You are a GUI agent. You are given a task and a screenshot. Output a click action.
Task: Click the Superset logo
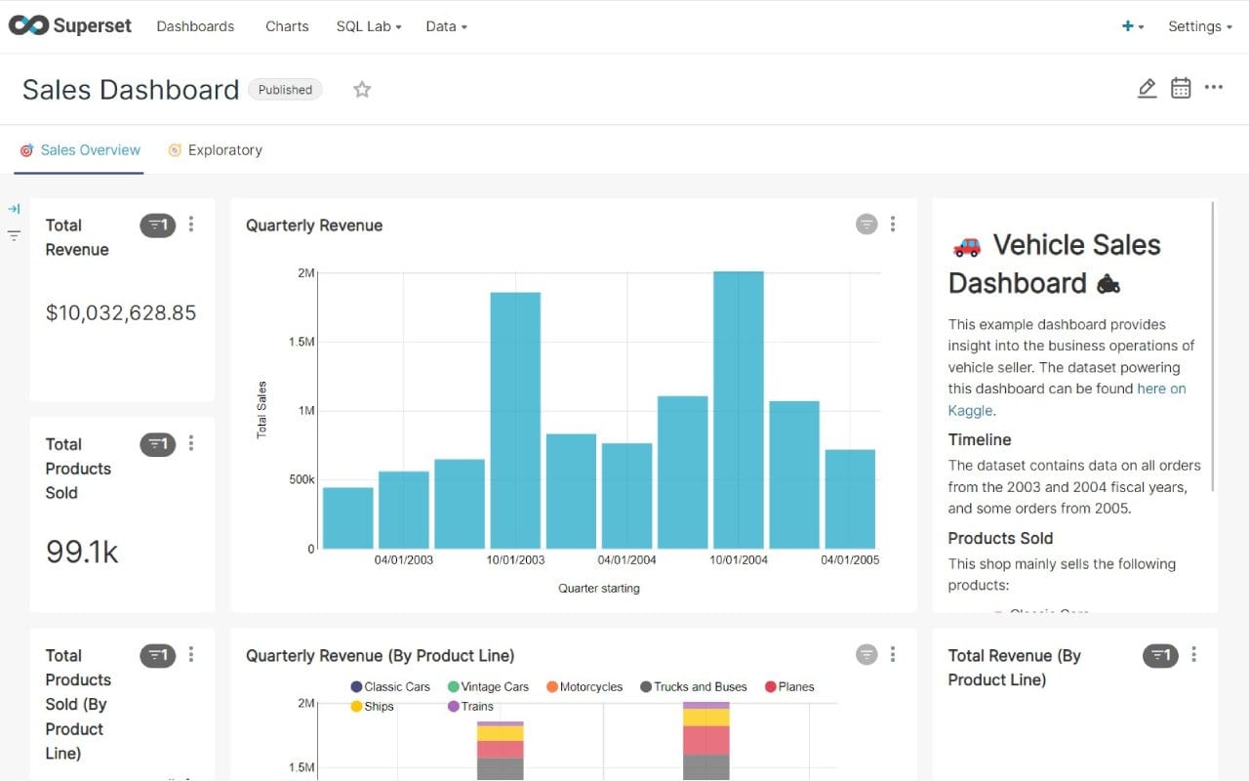[69, 26]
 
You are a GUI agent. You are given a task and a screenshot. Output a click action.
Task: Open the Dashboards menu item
[195, 26]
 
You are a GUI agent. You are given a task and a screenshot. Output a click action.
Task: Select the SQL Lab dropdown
[369, 26]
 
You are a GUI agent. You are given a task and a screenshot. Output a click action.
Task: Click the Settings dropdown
[1199, 26]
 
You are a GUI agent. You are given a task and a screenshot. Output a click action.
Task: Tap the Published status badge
[285, 90]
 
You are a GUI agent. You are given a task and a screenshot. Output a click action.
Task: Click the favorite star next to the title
[362, 90]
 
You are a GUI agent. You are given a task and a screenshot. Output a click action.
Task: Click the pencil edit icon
[1147, 89]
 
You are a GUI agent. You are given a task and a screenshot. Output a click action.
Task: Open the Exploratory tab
[224, 150]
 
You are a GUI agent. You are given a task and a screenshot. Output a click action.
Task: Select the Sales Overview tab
[90, 150]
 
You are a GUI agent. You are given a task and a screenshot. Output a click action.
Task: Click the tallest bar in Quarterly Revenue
[739, 410]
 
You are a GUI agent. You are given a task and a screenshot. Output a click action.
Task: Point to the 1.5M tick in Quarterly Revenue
[302, 342]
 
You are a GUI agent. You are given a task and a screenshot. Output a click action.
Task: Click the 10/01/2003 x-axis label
[515, 559]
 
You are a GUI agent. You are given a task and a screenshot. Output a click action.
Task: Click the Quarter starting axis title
[599, 588]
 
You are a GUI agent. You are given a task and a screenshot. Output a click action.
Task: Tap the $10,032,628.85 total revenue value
[121, 312]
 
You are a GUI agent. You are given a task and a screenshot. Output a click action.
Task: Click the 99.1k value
[82, 552]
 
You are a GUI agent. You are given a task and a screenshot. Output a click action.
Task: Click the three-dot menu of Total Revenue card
[191, 225]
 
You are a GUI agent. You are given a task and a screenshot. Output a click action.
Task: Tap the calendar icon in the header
[1181, 88]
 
